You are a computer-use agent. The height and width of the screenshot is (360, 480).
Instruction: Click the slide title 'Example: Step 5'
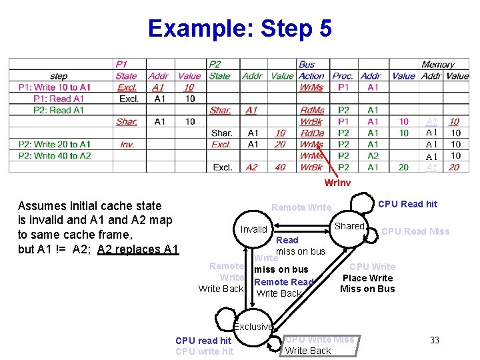(x=239, y=29)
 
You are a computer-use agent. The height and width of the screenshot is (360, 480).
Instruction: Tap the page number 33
(x=434, y=340)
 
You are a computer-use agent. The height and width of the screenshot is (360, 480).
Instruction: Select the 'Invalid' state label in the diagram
(x=253, y=229)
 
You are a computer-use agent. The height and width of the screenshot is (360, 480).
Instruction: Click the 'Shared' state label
(x=349, y=226)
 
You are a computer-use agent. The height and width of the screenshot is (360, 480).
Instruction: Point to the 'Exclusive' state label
(x=253, y=327)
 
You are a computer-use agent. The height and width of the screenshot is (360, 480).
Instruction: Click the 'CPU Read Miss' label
(x=415, y=231)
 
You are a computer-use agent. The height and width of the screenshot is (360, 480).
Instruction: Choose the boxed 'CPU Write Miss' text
(x=320, y=339)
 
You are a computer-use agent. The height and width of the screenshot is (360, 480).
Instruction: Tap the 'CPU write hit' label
(x=204, y=351)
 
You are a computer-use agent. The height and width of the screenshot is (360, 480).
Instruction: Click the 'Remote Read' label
(x=283, y=282)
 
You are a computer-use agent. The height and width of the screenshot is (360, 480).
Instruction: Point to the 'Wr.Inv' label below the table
(x=337, y=183)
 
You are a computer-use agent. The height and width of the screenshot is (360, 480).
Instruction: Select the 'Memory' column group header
(x=438, y=65)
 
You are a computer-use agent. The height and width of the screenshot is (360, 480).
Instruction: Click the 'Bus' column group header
(x=307, y=65)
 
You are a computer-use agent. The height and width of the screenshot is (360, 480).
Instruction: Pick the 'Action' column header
(x=311, y=76)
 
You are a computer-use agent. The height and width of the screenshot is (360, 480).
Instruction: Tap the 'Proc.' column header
(x=343, y=76)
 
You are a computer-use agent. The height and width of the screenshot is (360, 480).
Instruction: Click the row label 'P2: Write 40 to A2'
(x=55, y=155)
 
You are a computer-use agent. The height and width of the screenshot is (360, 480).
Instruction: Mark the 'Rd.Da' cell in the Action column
(x=312, y=133)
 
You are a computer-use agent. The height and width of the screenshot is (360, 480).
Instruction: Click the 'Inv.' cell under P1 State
(x=127, y=144)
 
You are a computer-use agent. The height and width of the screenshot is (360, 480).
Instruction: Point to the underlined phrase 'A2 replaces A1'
(x=138, y=249)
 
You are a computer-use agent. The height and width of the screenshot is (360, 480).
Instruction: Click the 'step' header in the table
(x=59, y=76)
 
